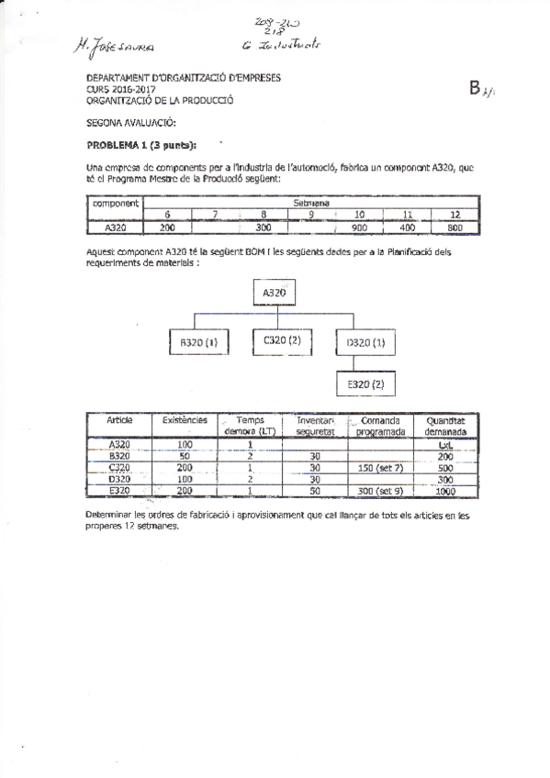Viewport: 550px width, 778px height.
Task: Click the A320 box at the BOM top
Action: (275, 293)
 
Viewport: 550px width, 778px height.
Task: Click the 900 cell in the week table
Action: (359, 228)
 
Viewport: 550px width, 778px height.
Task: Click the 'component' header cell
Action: (115, 203)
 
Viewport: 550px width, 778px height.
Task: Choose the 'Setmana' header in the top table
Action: (311, 202)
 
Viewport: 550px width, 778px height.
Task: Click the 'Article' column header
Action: (119, 420)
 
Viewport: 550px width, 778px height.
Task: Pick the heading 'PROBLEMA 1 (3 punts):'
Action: (141, 144)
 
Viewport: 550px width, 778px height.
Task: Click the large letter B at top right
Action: (475, 88)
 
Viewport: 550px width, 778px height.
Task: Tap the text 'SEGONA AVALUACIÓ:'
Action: (130, 122)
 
